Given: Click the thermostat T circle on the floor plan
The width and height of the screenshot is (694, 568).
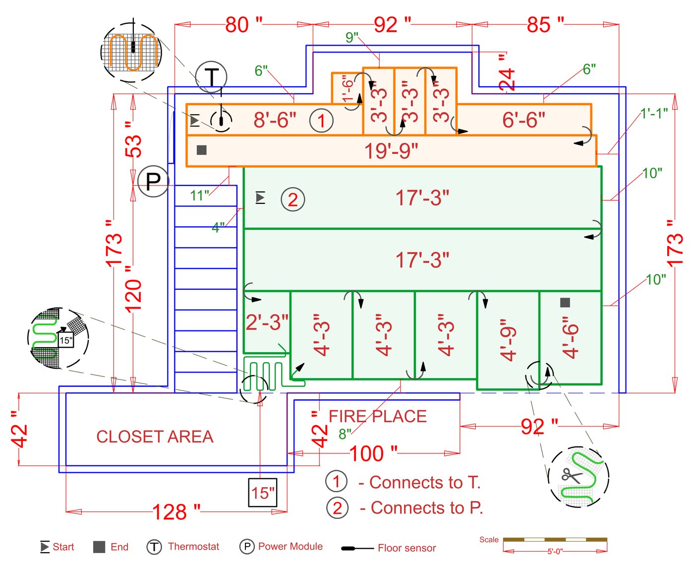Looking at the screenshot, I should [x=211, y=77].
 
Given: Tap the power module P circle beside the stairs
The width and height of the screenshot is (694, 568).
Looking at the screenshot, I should [x=153, y=182].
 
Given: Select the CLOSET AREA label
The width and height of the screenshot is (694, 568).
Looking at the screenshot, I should [x=155, y=437].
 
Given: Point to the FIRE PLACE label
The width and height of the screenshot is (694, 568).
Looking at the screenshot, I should [x=377, y=416].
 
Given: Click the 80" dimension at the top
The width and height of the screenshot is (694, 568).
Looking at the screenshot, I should [x=243, y=24].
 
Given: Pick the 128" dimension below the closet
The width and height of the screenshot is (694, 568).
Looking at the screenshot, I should [x=176, y=512].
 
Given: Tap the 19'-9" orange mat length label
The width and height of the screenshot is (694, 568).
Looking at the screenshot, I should [x=391, y=151].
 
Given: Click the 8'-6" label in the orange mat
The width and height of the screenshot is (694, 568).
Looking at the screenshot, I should [x=275, y=120].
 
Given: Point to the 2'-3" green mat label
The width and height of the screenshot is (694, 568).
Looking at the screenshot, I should [x=267, y=323].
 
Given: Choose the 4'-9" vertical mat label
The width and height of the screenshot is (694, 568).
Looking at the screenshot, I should [x=509, y=340].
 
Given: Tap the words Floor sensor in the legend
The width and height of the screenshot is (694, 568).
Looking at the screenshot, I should [x=406, y=548].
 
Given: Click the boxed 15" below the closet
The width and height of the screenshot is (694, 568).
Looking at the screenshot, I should [x=263, y=493].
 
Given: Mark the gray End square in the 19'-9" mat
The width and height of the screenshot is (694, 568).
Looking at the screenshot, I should [x=201, y=150].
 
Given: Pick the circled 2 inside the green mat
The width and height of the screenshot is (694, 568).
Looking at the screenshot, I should [x=292, y=199].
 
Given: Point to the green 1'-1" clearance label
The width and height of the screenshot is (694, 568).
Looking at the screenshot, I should [x=654, y=114].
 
